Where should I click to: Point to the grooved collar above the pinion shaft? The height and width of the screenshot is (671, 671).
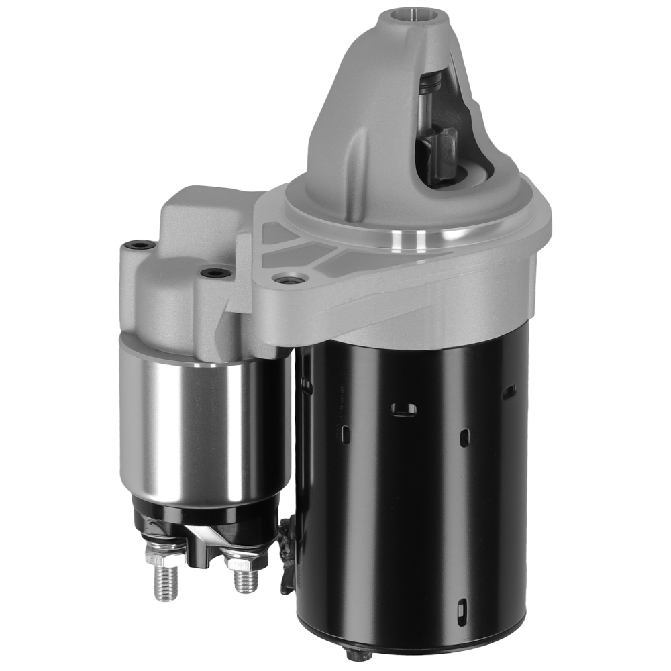[x=429, y=84]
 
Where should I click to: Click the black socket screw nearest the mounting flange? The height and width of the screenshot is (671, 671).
[x=216, y=273]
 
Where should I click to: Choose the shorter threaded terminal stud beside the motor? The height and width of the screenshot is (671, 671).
[x=245, y=578]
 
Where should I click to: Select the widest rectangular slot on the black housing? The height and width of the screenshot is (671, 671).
[x=403, y=409]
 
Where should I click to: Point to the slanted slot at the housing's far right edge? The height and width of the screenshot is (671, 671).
[x=509, y=391]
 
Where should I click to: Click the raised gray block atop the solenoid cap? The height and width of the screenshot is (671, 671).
[x=201, y=215]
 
